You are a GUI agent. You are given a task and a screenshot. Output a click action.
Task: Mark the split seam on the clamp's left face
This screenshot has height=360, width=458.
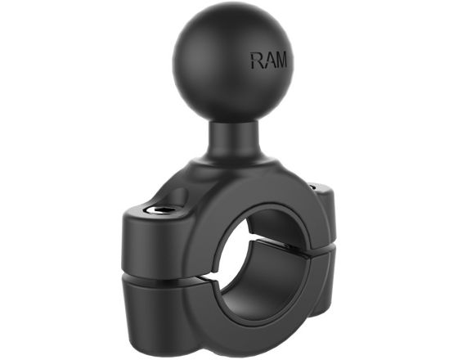point(155,279)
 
